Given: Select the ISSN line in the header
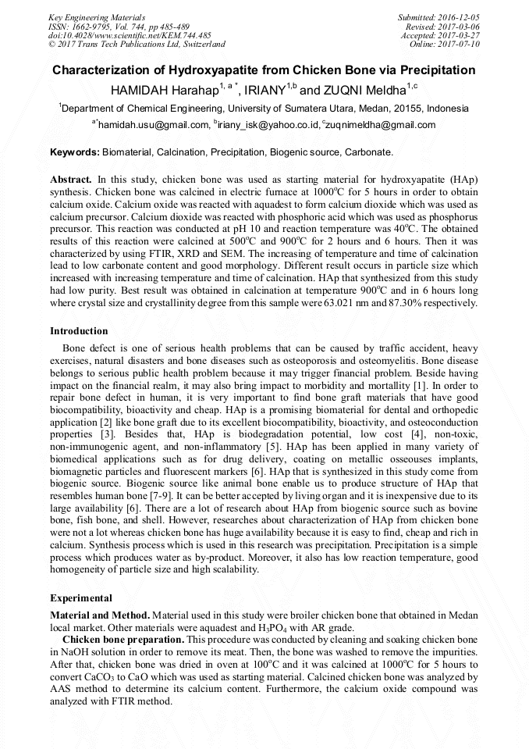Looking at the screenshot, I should pyautogui.click(x=119, y=27).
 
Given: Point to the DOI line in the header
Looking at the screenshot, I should pyautogui.click(x=130, y=35).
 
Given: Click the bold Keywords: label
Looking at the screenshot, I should pyautogui.click(x=74, y=152).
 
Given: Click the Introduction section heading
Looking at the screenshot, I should pyautogui.click(x=79, y=331).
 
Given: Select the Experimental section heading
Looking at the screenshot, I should pyautogui.click(x=81, y=597).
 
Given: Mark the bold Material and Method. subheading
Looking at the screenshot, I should pyautogui.click(x=99, y=616).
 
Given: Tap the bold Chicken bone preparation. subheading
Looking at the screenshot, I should pyautogui.click(x=122, y=638).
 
